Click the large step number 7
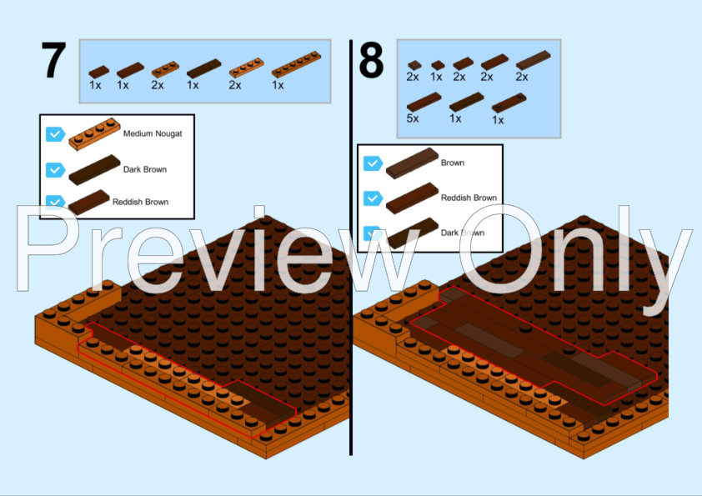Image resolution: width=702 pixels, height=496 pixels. click(x=53, y=60)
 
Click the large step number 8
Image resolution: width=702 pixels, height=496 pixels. click(x=371, y=60)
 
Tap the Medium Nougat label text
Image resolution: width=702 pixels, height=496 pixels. click(x=153, y=133)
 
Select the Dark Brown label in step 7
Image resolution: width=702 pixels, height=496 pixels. click(x=145, y=169)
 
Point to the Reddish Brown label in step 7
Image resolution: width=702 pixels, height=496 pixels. click(x=141, y=202)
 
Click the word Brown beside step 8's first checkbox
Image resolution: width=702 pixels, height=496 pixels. click(x=453, y=163)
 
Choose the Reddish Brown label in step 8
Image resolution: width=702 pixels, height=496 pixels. click(x=469, y=198)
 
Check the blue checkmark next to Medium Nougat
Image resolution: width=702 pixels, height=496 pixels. click(x=56, y=134)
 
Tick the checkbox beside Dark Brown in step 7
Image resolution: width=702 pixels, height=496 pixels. click(x=56, y=170)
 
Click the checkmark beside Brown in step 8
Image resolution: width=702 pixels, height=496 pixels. click(x=373, y=163)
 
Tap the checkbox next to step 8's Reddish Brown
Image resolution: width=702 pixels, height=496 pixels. click(x=373, y=198)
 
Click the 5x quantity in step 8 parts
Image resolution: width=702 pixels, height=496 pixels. click(x=413, y=118)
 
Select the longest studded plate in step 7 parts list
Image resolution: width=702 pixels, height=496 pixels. click(x=296, y=64)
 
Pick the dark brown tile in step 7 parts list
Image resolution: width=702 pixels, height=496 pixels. click(x=203, y=68)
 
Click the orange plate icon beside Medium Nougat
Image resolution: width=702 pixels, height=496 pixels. click(x=94, y=134)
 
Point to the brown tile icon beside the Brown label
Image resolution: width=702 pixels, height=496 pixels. click(x=412, y=163)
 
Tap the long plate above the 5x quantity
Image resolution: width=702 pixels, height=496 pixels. click(x=424, y=102)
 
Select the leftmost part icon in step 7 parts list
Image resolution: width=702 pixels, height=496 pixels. click(x=99, y=72)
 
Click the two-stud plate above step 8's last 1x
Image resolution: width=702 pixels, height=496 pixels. click(x=509, y=103)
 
